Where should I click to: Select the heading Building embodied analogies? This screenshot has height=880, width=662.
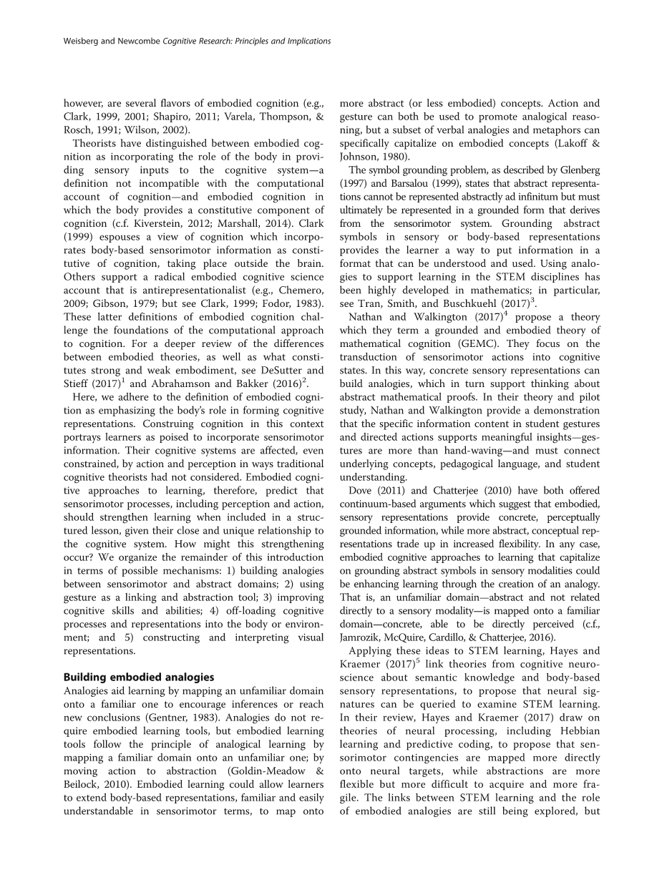point(139,677)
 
